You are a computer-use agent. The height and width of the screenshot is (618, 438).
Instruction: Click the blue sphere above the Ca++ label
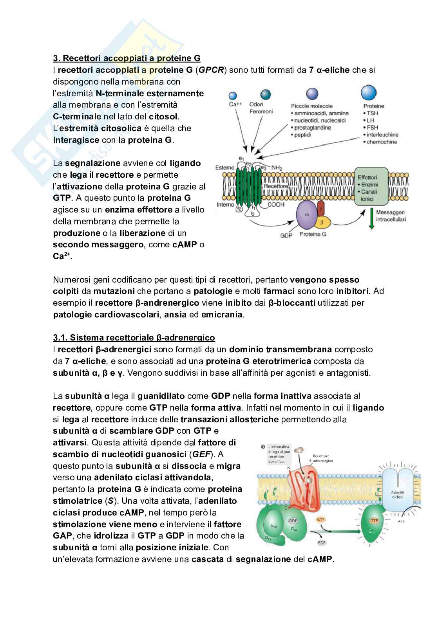pyautogui.click(x=233, y=96)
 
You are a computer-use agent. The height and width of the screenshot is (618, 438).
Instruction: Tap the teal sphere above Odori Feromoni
pyautogui.click(x=266, y=95)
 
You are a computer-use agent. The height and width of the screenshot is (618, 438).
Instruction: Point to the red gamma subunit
pyautogui.click(x=321, y=208)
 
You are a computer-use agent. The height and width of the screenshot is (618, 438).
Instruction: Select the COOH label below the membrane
pyautogui.click(x=276, y=204)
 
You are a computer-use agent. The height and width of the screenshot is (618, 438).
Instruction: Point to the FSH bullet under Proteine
pyautogui.click(x=372, y=128)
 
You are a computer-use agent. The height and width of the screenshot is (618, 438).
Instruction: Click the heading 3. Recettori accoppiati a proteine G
pyautogui.click(x=127, y=58)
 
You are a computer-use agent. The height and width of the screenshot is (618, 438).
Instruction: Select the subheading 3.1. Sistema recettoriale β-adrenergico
pyautogui.click(x=134, y=337)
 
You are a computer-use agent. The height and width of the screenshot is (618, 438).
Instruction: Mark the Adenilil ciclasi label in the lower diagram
pyautogui.click(x=398, y=494)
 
